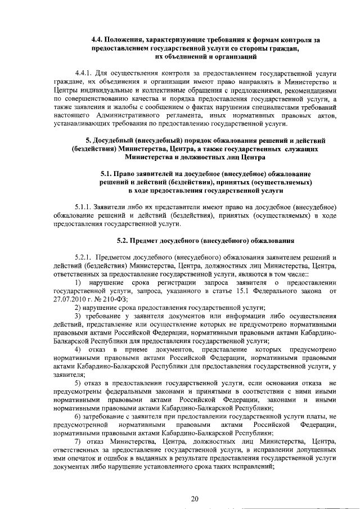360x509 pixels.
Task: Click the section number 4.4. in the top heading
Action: pyautogui.click(x=98, y=40)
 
